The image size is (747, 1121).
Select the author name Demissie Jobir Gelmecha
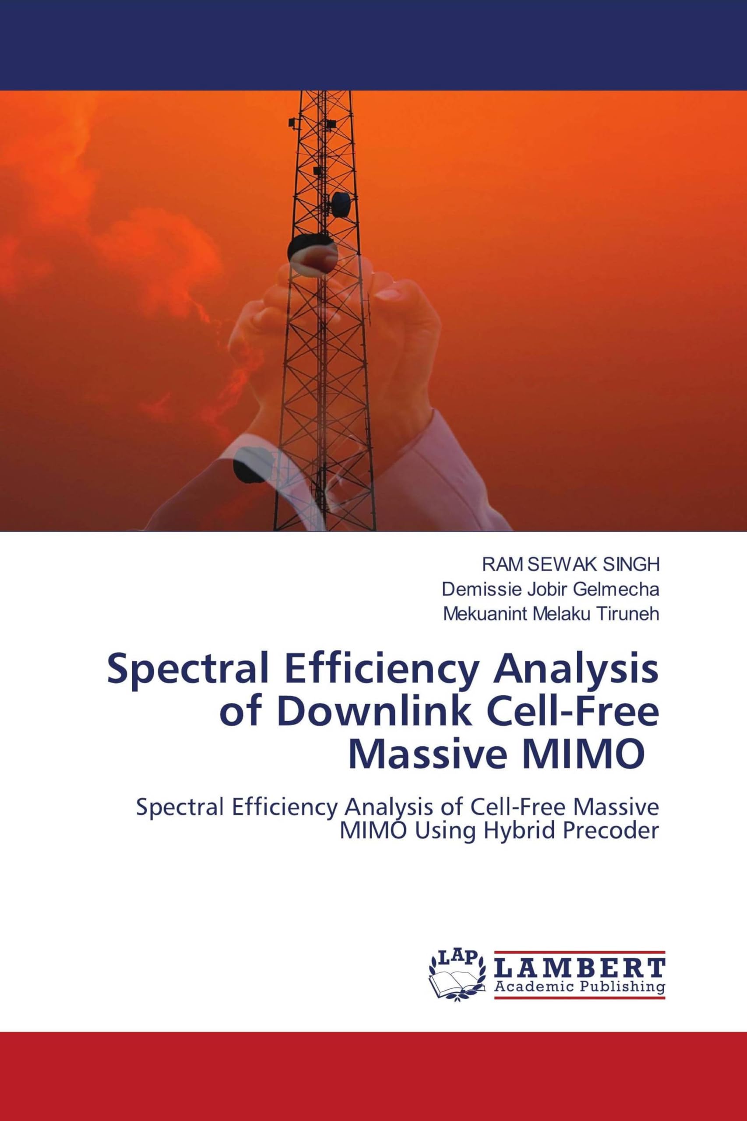coord(550,589)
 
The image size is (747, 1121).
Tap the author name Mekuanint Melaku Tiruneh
coord(551,614)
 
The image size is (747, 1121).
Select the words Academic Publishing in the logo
coord(579,986)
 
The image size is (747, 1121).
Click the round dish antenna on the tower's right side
coord(341,204)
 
